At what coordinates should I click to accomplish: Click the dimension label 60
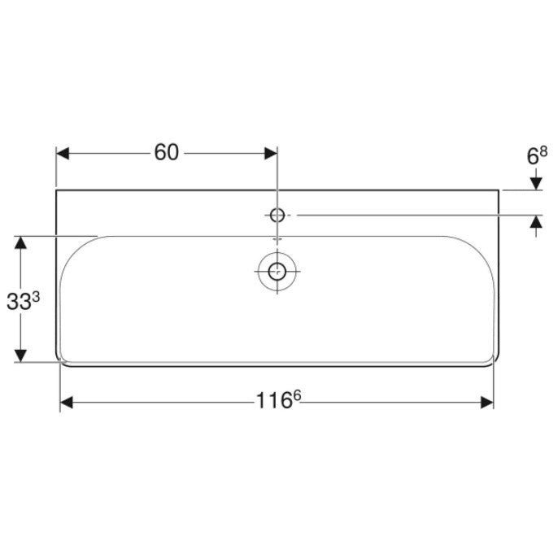[x=167, y=153]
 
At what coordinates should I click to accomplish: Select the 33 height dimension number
[x=19, y=303]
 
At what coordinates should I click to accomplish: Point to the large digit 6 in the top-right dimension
[x=532, y=156]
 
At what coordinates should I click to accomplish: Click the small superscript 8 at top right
[x=543, y=152]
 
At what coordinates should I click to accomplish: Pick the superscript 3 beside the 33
[x=36, y=298]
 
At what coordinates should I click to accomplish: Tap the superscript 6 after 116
[x=297, y=395]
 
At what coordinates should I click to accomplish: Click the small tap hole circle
[x=277, y=215]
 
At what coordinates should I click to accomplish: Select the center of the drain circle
[x=277, y=272]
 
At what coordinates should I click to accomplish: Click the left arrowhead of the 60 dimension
[x=63, y=154]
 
